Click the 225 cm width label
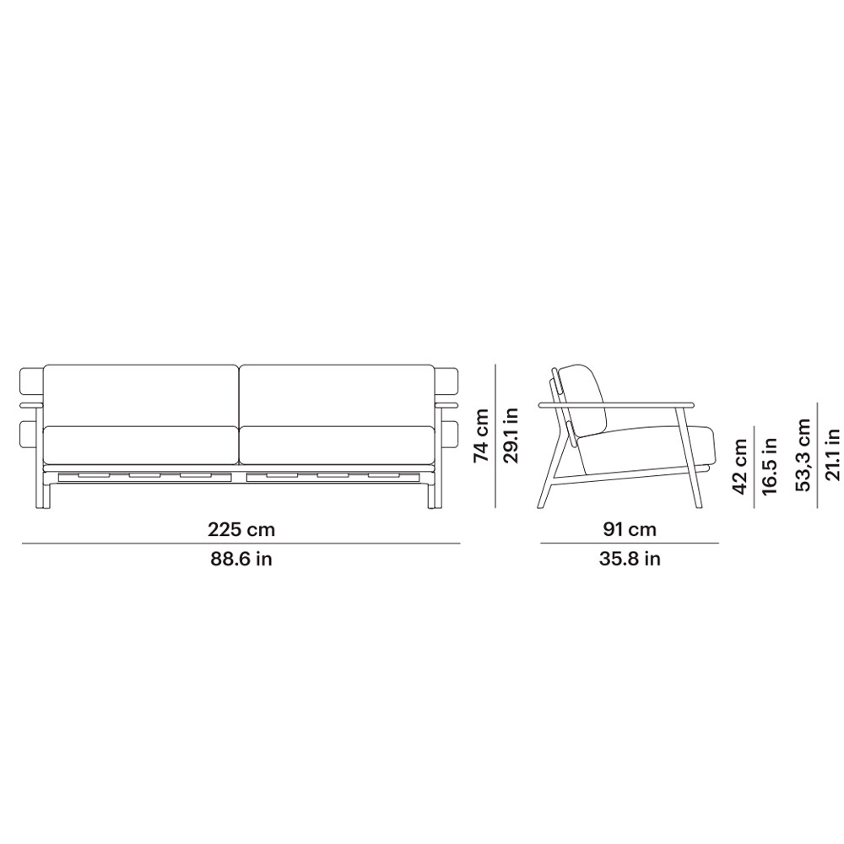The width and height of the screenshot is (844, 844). tap(241, 530)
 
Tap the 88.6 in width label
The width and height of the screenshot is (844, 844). tap(241, 559)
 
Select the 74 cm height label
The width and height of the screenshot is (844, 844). tap(481, 436)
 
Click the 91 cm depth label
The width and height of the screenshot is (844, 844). tap(630, 530)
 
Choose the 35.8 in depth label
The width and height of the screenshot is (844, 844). tap(630, 559)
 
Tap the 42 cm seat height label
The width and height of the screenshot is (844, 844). tap(740, 467)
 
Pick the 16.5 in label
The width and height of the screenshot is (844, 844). tap(770, 466)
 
